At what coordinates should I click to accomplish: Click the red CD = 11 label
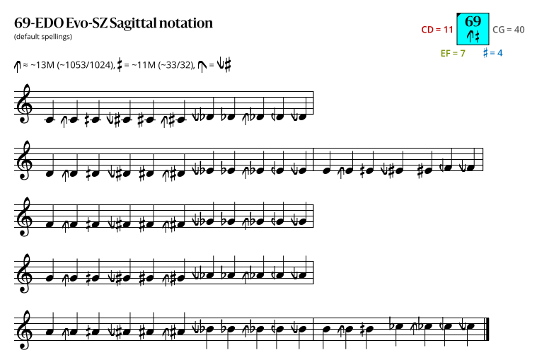(x=437, y=30)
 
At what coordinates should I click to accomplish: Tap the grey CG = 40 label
(x=509, y=30)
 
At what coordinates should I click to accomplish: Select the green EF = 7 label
(x=453, y=53)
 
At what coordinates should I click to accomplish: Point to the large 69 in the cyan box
(x=473, y=21)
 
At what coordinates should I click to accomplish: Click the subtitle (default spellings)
(x=43, y=37)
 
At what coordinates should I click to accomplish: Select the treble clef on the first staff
(x=24, y=104)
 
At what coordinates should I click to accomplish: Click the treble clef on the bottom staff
(x=24, y=330)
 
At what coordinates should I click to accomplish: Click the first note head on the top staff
(x=50, y=120)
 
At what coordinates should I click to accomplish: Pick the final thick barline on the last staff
(x=487, y=329)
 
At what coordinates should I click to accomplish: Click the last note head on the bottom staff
(x=472, y=327)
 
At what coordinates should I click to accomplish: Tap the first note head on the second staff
(x=50, y=173)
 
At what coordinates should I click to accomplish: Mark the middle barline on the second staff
(x=313, y=159)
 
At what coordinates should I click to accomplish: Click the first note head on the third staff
(x=50, y=224)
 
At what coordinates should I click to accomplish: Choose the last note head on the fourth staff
(x=301, y=275)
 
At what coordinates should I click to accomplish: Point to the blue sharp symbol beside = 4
(x=485, y=53)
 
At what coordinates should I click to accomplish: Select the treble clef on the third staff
(x=24, y=216)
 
